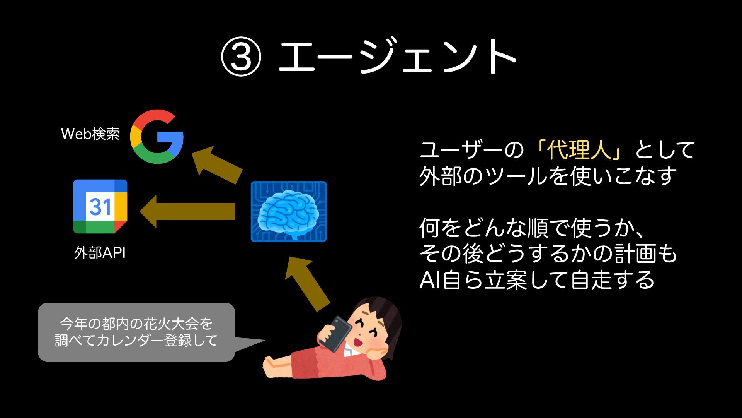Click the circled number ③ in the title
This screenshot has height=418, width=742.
coord(241,57)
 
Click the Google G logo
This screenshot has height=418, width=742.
coord(157,136)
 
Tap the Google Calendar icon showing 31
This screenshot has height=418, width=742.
coord(100,207)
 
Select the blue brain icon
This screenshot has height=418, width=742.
coord(289,212)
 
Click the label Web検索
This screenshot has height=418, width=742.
coord(90,134)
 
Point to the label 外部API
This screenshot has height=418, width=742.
coord(100,253)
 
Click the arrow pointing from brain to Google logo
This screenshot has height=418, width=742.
coord(216,164)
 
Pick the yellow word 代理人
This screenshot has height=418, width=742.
coord(579,150)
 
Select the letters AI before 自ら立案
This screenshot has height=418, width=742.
coord(430,280)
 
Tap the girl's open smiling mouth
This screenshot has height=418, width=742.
coord(357,342)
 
